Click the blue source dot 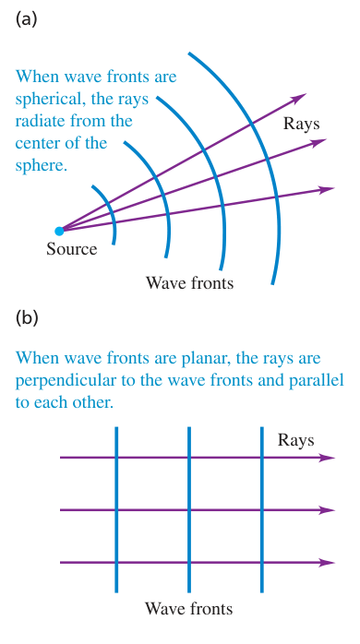tap(60, 231)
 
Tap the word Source tap(71, 249)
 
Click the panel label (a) tap(26, 19)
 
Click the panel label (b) tap(27, 318)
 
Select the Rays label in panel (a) tap(301, 124)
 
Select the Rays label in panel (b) tap(296, 440)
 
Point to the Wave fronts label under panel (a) tap(189, 283)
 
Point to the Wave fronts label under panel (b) tap(188, 608)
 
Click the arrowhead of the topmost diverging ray tap(298, 98)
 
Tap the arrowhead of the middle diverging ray tap(318, 142)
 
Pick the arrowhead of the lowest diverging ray tap(327, 189)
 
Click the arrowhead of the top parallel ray tap(328, 458)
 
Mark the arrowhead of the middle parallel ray tap(328, 510)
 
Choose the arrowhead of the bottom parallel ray tap(328, 562)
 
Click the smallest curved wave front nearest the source tap(111, 209)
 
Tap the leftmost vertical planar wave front tap(116, 509)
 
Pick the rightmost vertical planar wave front tap(262, 509)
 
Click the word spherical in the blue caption tap(48, 101)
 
